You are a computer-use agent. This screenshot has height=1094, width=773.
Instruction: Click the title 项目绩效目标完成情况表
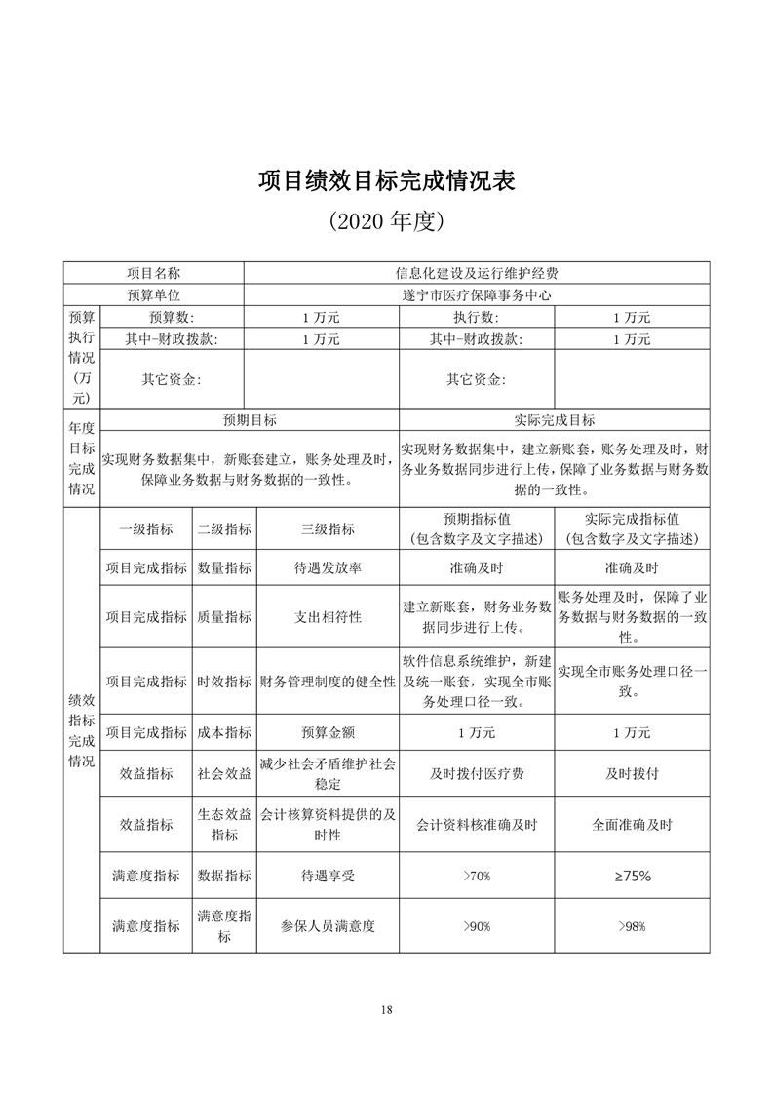click(386, 181)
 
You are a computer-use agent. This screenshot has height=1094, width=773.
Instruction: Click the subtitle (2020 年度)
click(386, 222)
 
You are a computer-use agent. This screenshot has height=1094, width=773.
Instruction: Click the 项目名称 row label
click(153, 274)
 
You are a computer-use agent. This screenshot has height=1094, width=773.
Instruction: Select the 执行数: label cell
click(476, 318)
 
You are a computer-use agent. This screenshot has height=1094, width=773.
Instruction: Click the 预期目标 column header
click(250, 420)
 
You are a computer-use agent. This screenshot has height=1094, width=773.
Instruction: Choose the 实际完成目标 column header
click(554, 420)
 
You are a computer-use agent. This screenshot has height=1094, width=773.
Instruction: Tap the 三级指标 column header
click(328, 529)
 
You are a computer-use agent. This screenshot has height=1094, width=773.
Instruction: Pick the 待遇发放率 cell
click(328, 567)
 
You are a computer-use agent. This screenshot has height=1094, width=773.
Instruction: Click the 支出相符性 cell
click(328, 617)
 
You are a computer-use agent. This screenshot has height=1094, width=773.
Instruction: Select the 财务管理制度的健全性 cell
click(328, 682)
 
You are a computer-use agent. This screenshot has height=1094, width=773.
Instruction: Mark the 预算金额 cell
click(328, 732)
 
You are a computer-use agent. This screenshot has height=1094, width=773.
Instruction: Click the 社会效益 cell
click(224, 773)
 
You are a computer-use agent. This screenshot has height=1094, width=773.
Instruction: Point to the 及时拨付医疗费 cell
click(477, 773)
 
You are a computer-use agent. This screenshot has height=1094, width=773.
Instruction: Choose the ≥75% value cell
click(632, 876)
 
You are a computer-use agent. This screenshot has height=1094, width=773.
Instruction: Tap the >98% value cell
click(632, 926)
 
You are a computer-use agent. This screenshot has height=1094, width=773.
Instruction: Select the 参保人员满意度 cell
click(328, 926)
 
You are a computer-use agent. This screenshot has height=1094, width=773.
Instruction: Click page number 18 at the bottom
click(387, 1009)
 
